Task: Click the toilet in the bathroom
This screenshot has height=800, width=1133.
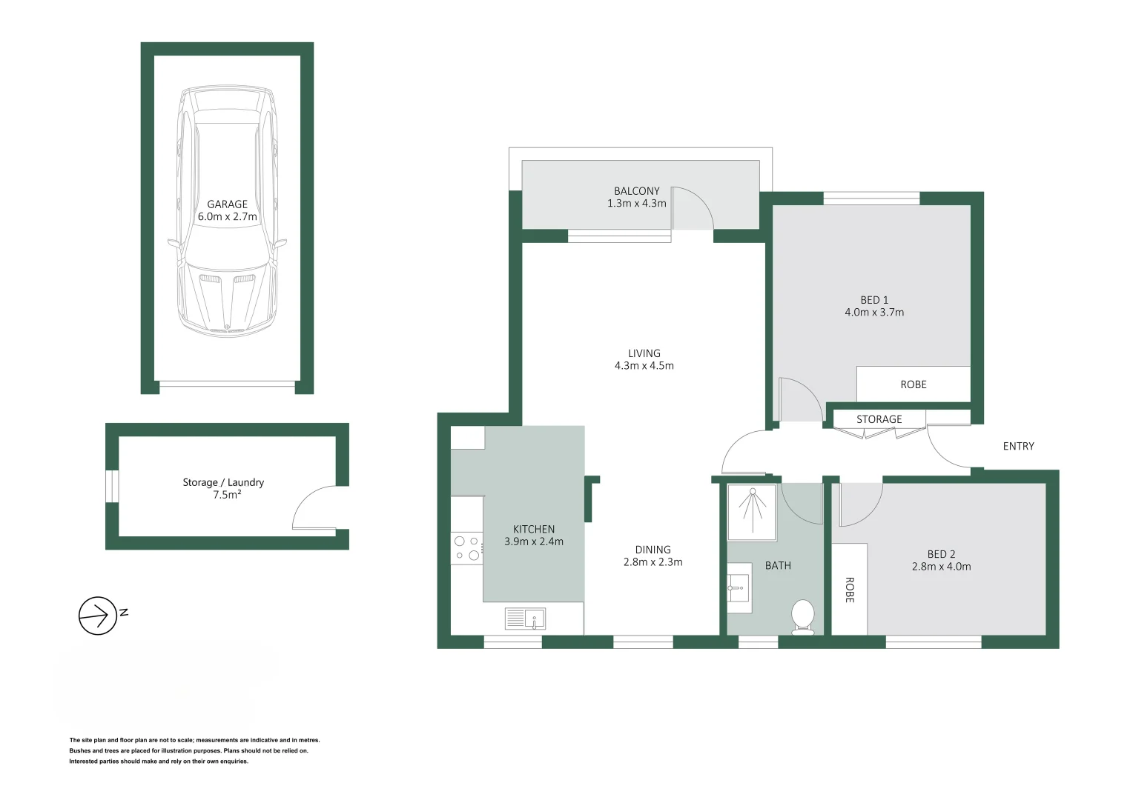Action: (803, 616)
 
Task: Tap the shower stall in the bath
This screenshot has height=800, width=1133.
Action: (752, 512)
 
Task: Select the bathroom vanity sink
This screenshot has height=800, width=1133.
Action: (739, 588)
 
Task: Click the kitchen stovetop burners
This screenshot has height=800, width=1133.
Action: (467, 548)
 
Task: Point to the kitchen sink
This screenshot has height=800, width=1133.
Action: (525, 618)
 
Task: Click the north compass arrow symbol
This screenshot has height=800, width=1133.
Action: (98, 615)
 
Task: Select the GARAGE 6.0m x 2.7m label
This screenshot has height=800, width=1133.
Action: (227, 210)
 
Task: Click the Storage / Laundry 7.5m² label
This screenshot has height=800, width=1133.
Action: (223, 488)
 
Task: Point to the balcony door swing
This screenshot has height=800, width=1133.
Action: (692, 209)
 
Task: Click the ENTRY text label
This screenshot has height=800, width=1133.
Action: (1018, 446)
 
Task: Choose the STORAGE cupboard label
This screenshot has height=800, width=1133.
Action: (879, 419)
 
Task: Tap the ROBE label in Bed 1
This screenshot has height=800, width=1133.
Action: (913, 384)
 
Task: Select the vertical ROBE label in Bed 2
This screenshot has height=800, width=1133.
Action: (850, 590)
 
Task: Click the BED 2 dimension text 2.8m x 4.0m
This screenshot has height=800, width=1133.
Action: (941, 567)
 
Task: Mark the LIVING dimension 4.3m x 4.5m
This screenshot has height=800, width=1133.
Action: (644, 366)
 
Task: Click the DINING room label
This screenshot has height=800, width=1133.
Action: (653, 550)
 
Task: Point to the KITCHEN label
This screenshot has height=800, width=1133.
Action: (533, 529)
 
